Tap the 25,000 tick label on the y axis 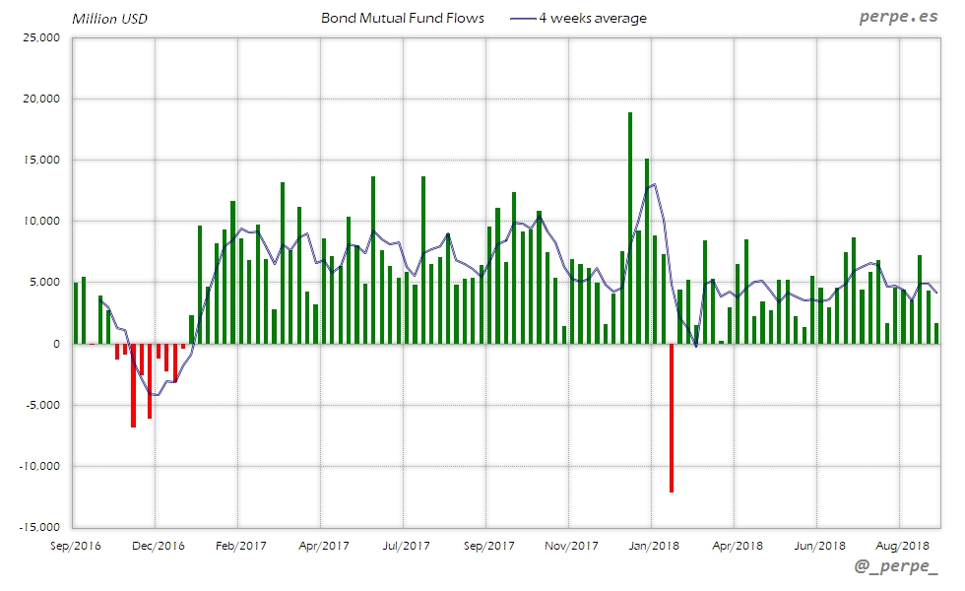41,38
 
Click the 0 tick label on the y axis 56,344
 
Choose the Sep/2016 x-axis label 74,546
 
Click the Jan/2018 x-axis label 654,546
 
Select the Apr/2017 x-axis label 323,546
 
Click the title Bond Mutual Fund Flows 403,19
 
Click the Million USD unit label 110,19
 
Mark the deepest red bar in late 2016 133,385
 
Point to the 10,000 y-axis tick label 41,222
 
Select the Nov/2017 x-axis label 571,546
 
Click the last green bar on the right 936,333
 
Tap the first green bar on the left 76,313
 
